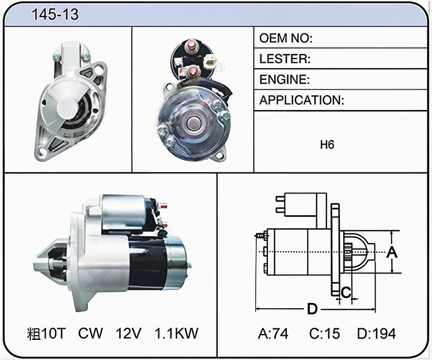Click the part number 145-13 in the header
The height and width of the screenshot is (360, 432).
[55, 14]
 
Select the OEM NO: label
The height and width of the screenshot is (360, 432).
[286, 38]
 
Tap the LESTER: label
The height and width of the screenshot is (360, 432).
[285, 59]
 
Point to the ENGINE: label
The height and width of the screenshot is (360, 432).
[285, 79]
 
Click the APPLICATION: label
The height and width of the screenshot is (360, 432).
[302, 100]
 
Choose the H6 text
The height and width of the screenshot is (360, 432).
[327, 145]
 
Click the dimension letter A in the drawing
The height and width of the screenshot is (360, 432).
[392, 252]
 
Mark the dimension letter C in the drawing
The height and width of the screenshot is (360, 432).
[346, 292]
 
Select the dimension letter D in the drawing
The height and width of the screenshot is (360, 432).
[312, 309]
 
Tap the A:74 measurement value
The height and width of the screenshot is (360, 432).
[273, 334]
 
